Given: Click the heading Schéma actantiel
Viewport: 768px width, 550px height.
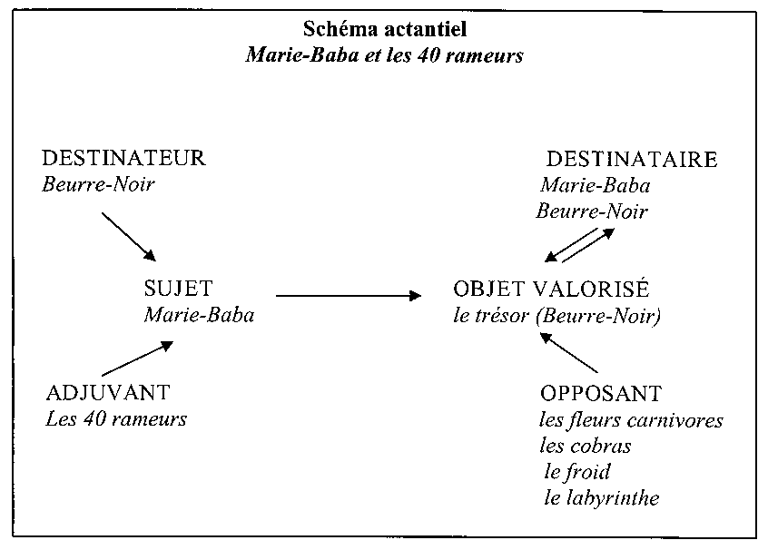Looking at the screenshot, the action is (385, 29).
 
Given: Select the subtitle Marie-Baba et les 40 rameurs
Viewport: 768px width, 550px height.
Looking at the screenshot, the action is (385, 54).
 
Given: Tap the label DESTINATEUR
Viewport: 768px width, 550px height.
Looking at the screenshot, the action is (123, 158).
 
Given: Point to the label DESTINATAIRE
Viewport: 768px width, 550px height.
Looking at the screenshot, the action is (632, 160).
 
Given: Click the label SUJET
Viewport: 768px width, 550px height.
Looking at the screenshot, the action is (178, 289).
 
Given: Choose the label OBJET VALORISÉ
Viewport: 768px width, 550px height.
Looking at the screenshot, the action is (551, 288).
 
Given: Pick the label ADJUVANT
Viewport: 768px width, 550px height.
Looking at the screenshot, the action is (108, 393).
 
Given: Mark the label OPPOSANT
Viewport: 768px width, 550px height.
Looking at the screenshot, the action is (601, 394).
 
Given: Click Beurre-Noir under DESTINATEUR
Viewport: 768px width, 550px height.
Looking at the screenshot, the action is (98, 184).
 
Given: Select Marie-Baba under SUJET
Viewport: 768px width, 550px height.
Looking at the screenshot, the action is (199, 315).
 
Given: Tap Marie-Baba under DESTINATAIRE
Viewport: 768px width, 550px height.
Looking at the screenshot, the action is (596, 186).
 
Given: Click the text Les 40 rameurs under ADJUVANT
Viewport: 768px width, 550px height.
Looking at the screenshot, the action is (116, 419).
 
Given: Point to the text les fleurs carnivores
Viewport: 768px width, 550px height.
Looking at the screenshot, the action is (631, 420).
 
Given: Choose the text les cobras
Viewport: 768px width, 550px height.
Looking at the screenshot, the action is (586, 447).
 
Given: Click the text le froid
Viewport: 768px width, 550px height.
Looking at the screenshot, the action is (577, 472).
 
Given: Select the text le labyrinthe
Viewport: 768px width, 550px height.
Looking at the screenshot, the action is (602, 498).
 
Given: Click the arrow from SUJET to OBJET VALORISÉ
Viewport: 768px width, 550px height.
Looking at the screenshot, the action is (349, 296).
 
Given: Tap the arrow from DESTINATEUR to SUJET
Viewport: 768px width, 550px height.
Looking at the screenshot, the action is (129, 237).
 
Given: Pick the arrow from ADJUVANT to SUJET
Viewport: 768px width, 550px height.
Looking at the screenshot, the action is (138, 358).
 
